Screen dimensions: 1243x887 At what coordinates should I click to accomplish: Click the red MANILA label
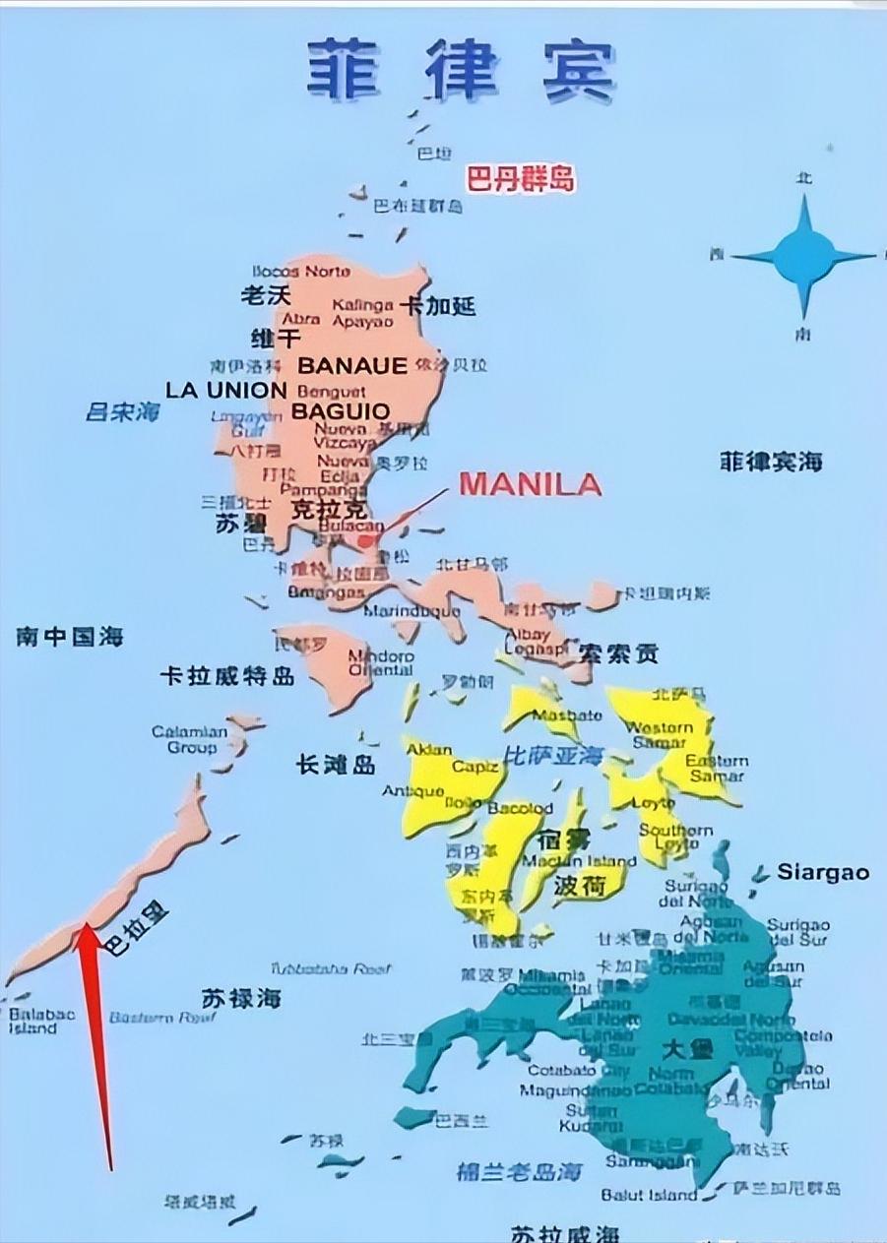[530, 484]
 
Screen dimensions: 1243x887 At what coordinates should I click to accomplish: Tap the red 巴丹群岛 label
[520, 179]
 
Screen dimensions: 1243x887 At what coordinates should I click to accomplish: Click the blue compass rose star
[803, 256]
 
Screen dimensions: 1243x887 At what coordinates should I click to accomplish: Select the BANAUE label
[352, 366]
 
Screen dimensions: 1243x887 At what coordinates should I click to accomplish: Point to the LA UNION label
[225, 390]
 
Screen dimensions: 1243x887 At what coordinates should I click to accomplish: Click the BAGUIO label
[341, 410]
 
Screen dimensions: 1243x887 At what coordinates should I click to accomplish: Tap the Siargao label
[823, 872]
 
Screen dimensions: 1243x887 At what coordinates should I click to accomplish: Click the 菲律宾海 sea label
[771, 462]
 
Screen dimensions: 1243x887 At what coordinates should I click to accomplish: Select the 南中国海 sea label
[69, 637]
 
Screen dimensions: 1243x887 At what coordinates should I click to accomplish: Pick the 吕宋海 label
[122, 412]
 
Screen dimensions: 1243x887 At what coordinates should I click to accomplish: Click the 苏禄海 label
[241, 998]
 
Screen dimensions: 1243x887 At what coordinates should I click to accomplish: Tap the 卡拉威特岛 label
[227, 676]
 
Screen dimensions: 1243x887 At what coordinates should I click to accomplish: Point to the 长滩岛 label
[336, 764]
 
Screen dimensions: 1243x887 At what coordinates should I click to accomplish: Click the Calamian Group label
[190, 739]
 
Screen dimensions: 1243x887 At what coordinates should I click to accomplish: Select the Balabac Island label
[32, 1020]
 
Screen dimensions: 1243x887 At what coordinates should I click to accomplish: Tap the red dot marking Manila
[366, 540]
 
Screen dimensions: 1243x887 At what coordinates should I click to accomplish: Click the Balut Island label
[649, 1195]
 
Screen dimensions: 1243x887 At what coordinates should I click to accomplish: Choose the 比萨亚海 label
[552, 756]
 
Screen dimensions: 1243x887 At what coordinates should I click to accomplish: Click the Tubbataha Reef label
[330, 968]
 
